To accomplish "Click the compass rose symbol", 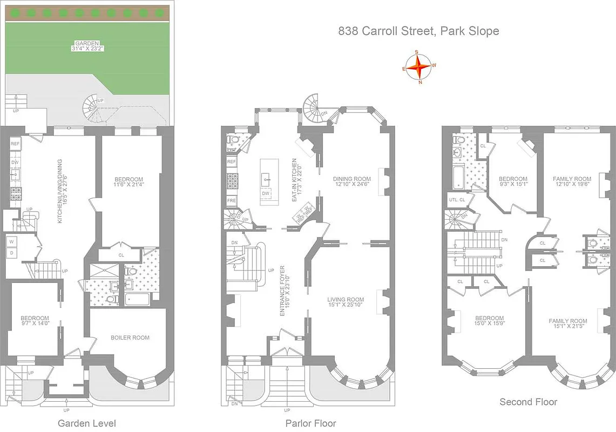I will [x=418, y=67].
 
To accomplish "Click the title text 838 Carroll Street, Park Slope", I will [x=418, y=31].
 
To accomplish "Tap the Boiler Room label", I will [x=130, y=337].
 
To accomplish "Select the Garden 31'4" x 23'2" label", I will [x=88, y=46].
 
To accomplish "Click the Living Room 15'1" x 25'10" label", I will [x=346, y=303].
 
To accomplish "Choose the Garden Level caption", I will [x=86, y=423].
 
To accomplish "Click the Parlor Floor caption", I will [x=310, y=423].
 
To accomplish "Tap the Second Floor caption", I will [x=528, y=402].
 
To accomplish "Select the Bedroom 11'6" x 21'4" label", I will [x=128, y=183].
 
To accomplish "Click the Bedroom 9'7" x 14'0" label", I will [x=35, y=321].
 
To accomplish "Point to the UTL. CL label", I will [x=457, y=200].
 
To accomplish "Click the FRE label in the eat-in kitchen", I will [x=232, y=200].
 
